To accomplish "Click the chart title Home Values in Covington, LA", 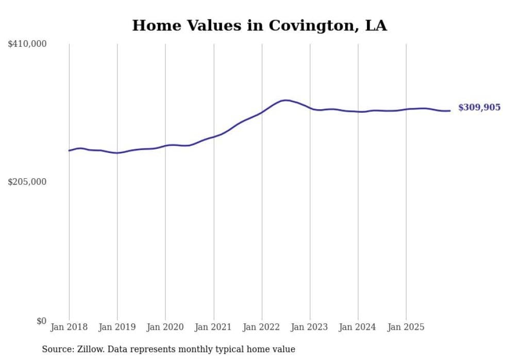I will (x=259, y=25).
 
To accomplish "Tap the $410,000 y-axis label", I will (x=27, y=44).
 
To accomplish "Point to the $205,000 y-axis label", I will (x=27, y=182).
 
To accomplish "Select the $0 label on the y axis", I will (x=41, y=321).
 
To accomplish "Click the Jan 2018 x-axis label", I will (x=69, y=327).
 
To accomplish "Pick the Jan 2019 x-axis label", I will (x=117, y=327).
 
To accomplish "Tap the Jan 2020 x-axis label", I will (x=165, y=327).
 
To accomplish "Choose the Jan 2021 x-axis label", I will (x=213, y=327).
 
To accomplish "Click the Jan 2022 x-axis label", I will (x=262, y=327).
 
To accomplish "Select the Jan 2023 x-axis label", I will (x=310, y=327).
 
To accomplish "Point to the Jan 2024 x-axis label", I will (x=358, y=327).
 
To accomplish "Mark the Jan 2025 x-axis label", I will (x=406, y=327).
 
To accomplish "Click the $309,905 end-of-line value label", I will (x=479, y=108).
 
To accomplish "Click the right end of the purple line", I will (x=450, y=111).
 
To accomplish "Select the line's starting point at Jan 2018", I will (x=69, y=150).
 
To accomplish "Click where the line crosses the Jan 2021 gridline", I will (x=213, y=136).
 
